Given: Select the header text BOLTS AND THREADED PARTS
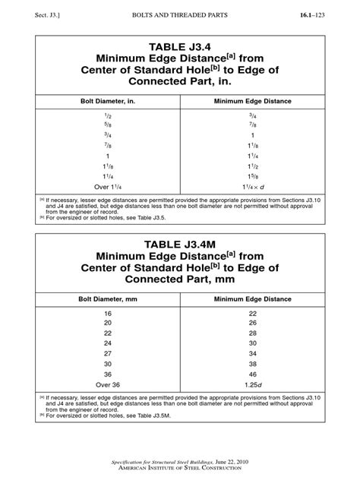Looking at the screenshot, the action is [180, 14].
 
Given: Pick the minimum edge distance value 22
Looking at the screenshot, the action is [251, 313].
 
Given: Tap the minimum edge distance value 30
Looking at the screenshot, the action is [251, 343].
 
